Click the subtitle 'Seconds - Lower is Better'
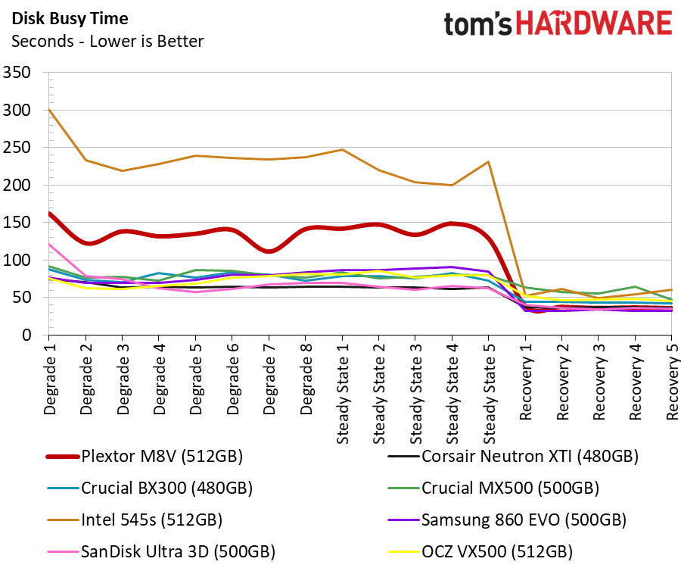point(107,41)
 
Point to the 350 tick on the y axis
point(18,73)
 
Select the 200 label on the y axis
point(18,186)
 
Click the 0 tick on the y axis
point(29,335)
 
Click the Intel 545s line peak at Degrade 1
point(48,109)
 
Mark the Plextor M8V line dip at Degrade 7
point(268,251)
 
